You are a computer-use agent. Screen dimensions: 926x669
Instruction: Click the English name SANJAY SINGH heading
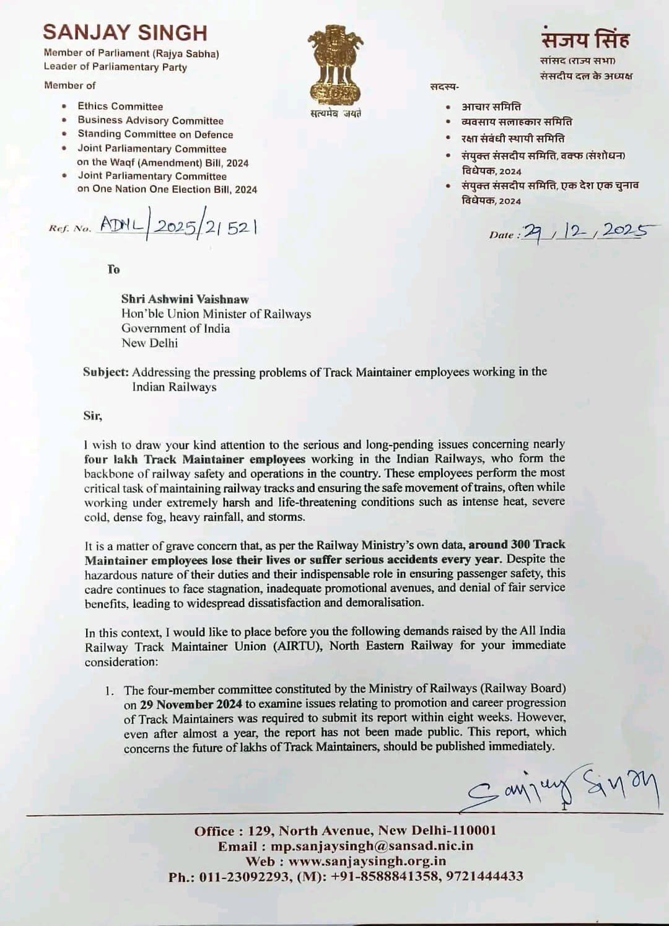125,32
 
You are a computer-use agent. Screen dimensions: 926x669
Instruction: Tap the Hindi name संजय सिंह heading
585,40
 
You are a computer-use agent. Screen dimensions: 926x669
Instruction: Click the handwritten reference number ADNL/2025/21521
178,227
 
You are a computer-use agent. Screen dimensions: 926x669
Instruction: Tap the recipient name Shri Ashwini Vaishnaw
185,299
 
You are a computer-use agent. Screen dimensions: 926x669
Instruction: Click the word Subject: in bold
106,372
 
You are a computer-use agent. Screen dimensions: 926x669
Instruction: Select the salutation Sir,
93,415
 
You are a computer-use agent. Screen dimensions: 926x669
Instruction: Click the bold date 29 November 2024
186,704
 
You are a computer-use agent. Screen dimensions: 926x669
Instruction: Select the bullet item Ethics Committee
120,106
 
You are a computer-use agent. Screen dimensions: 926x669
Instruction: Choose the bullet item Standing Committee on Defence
155,134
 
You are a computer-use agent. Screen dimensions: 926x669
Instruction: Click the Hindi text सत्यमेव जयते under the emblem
335,113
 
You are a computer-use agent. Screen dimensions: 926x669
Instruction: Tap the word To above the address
113,269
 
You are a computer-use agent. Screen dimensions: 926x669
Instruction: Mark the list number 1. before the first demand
110,690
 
